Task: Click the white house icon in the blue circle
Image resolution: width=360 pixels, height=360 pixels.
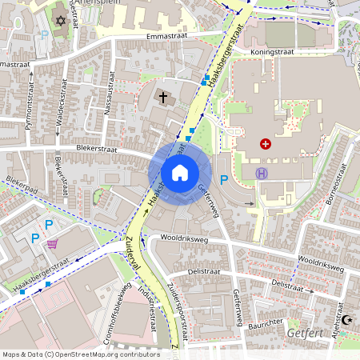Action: pyautogui.click(x=179, y=172)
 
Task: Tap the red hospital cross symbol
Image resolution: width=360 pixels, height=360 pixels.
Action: pyautogui.click(x=266, y=144)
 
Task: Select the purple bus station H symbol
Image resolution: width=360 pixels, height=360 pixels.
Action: pyautogui.click(x=261, y=173)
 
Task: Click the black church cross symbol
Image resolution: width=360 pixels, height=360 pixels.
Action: pyautogui.click(x=164, y=98)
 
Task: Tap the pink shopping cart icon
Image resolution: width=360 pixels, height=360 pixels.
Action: pyautogui.click(x=53, y=244)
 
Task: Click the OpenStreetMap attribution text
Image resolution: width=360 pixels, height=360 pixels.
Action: pyautogui.click(x=80, y=354)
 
